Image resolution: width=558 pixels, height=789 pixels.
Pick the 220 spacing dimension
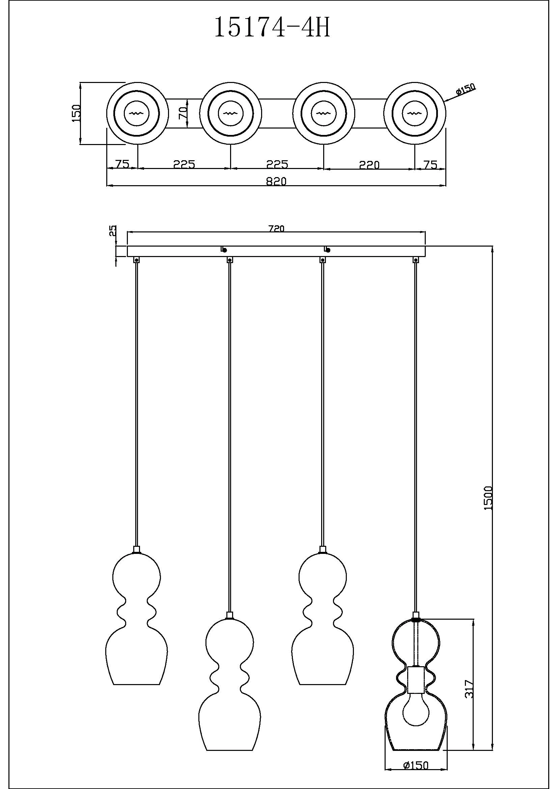[x=369, y=165]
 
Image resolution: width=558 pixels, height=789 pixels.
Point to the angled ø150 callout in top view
[x=466, y=89]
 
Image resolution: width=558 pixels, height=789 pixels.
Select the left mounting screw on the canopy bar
[x=224, y=250]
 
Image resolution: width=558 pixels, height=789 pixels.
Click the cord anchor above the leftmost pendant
[x=137, y=260]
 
